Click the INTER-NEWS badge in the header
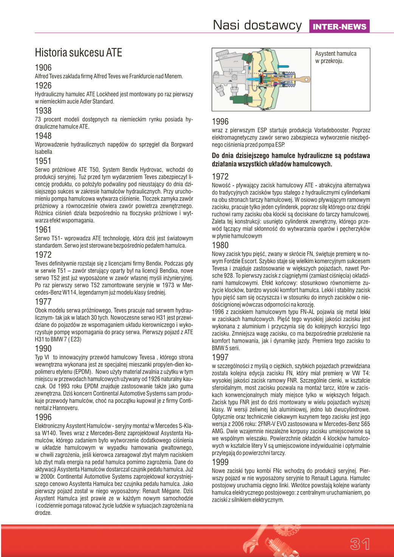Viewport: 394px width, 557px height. [x=340, y=27]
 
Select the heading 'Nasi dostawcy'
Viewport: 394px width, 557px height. [x=257, y=25]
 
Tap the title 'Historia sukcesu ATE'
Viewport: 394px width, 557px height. [x=78, y=53]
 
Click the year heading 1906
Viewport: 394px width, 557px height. [x=43, y=68]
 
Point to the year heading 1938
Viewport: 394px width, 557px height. [x=43, y=111]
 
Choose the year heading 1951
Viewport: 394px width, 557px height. [x=43, y=161]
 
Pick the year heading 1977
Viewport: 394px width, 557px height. [x=43, y=302]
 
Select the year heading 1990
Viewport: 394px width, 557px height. [x=43, y=349]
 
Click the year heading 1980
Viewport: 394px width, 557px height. [x=220, y=245]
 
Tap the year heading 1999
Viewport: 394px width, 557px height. [x=220, y=462]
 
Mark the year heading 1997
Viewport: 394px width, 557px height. [x=220, y=357]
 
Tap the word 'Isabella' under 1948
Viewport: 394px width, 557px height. [x=43, y=152]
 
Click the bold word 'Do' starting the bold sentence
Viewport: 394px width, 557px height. [x=216, y=156]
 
